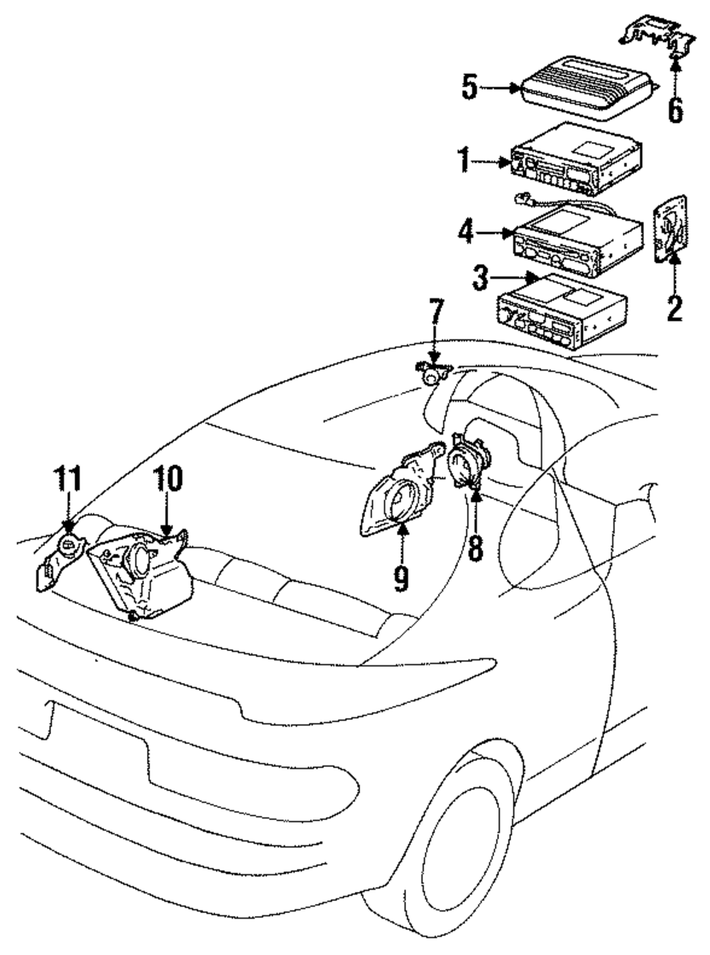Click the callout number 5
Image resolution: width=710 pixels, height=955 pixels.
(469, 88)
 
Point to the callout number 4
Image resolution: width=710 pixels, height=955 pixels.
(464, 233)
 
